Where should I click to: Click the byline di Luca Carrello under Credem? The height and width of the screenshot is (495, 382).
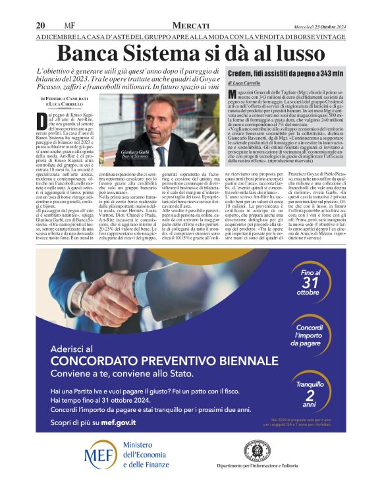(x=245, y=84)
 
